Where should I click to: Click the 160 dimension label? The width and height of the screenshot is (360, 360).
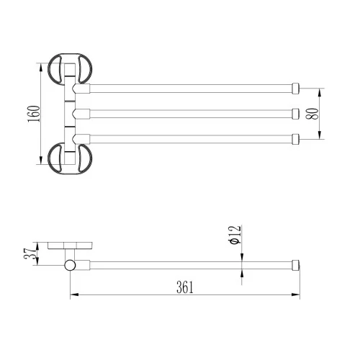tap(34, 114)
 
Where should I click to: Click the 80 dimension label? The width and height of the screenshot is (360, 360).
tap(312, 114)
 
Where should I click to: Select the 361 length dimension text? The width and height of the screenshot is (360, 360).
tap(185, 287)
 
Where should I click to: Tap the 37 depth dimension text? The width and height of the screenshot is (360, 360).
tap(30, 253)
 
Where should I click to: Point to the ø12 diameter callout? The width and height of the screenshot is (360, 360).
tap(235, 235)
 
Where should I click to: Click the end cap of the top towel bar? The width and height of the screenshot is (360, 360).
tap(296, 89)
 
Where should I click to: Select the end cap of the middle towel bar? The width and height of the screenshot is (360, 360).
tap(296, 114)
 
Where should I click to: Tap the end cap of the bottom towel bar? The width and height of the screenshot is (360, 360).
tap(296, 139)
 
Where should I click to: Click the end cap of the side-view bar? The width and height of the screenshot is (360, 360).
tap(296, 265)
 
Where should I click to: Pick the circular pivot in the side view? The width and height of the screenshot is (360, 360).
tap(70, 265)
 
